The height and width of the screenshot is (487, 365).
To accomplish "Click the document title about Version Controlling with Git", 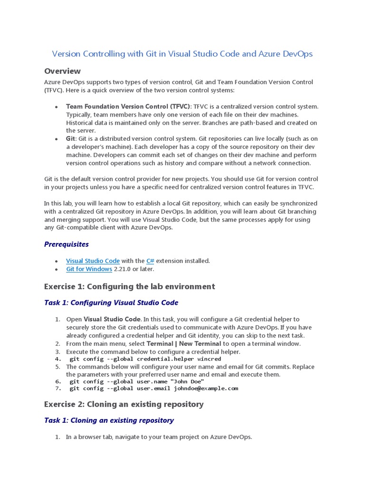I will coord(182,54).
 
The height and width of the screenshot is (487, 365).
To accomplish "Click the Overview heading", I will coord(62,71).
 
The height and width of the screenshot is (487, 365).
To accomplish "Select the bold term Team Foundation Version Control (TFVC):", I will coord(128,106).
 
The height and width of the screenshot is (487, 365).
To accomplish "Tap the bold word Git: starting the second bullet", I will coord(71,138).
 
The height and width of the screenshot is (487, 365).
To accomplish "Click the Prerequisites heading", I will coord(66,244).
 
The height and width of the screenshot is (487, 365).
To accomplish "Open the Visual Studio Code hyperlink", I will coord(93,261).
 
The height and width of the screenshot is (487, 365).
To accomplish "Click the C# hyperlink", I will coord(150,261).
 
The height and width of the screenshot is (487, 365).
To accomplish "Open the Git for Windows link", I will coord(89,269).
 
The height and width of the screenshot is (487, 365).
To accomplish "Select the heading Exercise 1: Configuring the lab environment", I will coord(129,286).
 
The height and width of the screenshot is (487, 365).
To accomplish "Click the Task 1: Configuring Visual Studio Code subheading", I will coord(111,302).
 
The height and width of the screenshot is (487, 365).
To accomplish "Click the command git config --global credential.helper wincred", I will coord(145,359).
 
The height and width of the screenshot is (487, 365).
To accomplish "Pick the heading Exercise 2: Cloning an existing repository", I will coord(124,404).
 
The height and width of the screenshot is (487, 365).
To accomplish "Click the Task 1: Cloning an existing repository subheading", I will coord(108,420).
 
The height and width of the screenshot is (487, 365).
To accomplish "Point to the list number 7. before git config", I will coord(58,388).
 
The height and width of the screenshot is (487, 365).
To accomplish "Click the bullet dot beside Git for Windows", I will coord(57,269).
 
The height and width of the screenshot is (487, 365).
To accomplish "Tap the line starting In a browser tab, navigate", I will coord(159,437).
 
